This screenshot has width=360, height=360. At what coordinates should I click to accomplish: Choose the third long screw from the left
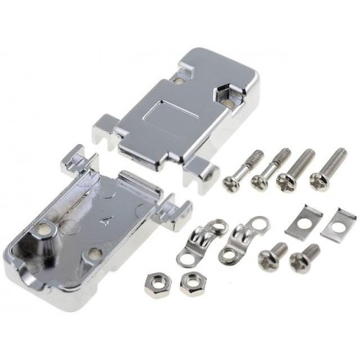[x=296, y=167]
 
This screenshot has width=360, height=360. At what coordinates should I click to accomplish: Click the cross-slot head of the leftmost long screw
[x=231, y=183]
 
